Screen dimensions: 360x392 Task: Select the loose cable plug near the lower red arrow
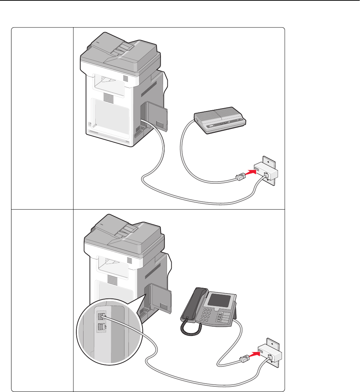point(242,359)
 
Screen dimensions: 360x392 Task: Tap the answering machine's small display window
point(213,126)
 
